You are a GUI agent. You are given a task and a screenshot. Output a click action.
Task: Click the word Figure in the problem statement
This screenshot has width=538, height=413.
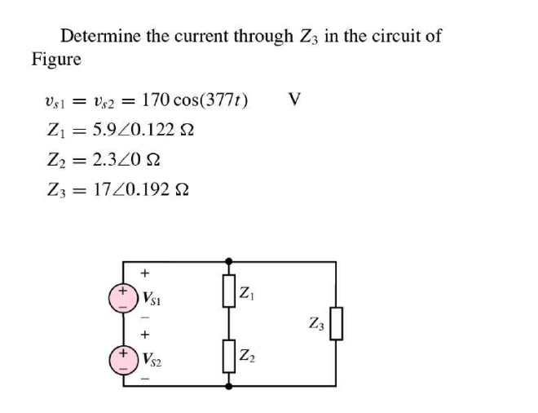[56, 59]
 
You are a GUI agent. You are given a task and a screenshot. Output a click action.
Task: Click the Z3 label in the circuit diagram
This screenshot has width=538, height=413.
[316, 323]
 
